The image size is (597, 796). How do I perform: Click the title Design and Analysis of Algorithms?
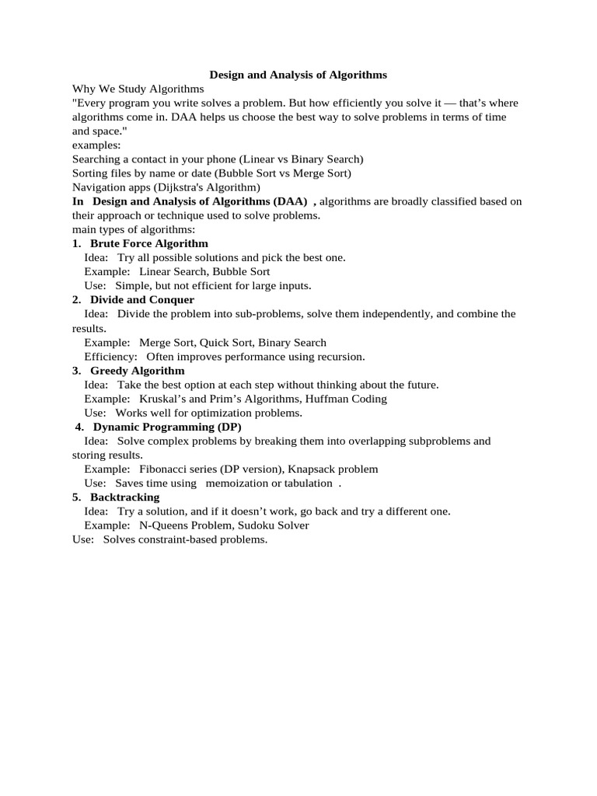298,75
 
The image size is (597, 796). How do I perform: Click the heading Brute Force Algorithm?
149,243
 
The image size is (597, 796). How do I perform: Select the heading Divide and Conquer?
142,299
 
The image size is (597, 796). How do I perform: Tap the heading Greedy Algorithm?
138,371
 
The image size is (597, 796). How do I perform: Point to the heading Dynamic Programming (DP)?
167,427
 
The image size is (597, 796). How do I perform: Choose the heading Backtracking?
125,497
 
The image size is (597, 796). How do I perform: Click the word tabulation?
306,483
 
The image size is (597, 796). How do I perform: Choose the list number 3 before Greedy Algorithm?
76,371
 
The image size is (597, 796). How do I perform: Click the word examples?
91,145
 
